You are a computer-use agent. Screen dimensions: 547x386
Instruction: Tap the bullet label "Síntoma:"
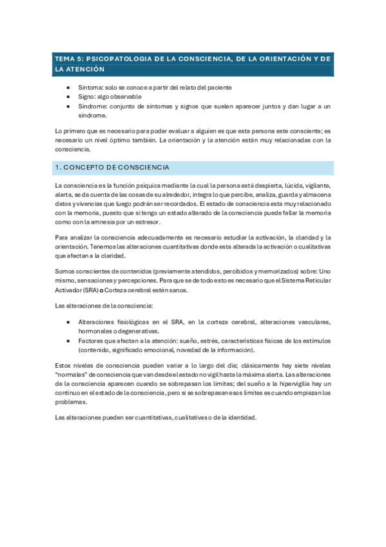coord(90,88)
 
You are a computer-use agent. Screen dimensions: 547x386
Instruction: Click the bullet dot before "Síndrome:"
coord(70,106)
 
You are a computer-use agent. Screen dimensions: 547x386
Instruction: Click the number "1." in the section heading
coord(58,168)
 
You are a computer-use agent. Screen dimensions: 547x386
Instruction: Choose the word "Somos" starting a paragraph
coord(66,272)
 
